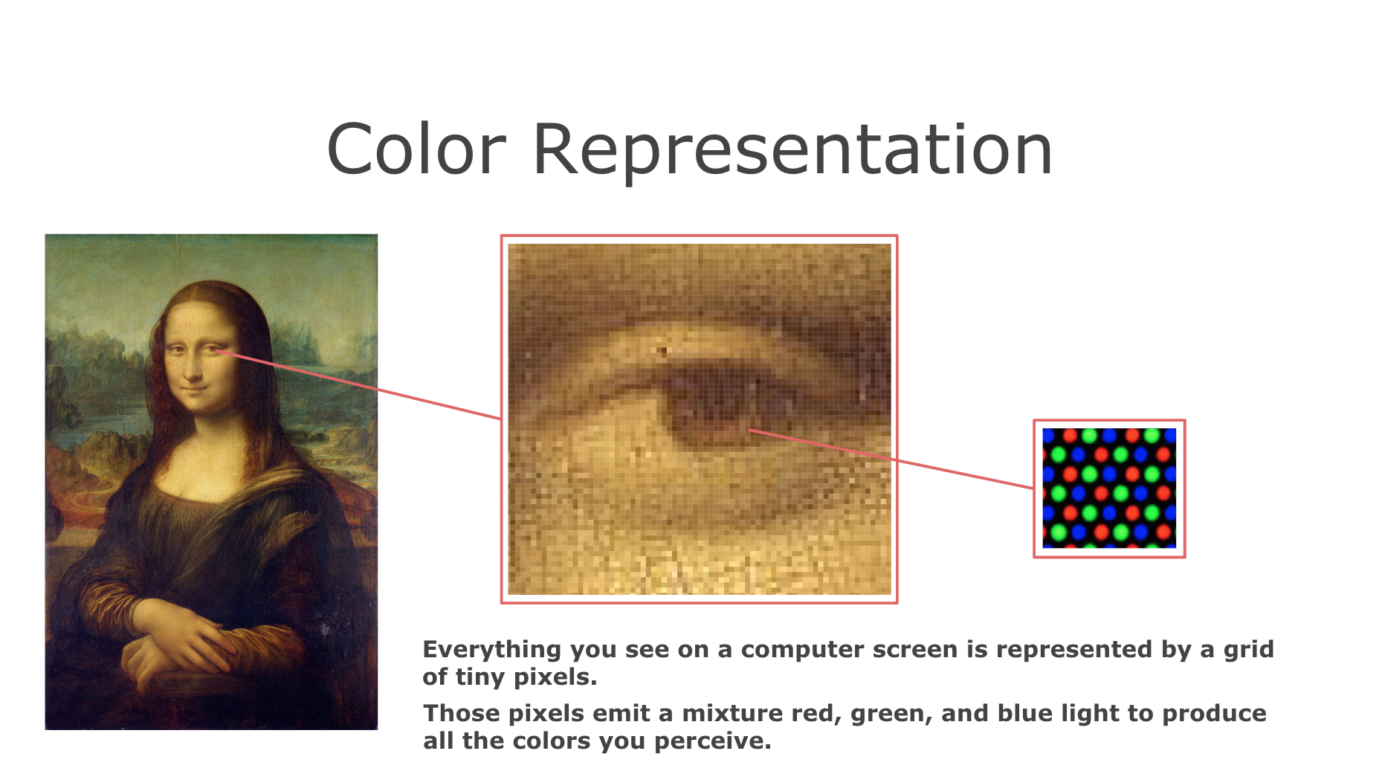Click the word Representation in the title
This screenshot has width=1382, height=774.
pyautogui.click(x=792, y=152)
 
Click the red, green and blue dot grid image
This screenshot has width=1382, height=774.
pyautogui.click(x=1109, y=488)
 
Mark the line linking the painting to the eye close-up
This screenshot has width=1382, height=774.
pyautogui.click(x=360, y=384)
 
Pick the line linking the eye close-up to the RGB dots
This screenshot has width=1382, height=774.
pyautogui.click(x=891, y=459)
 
